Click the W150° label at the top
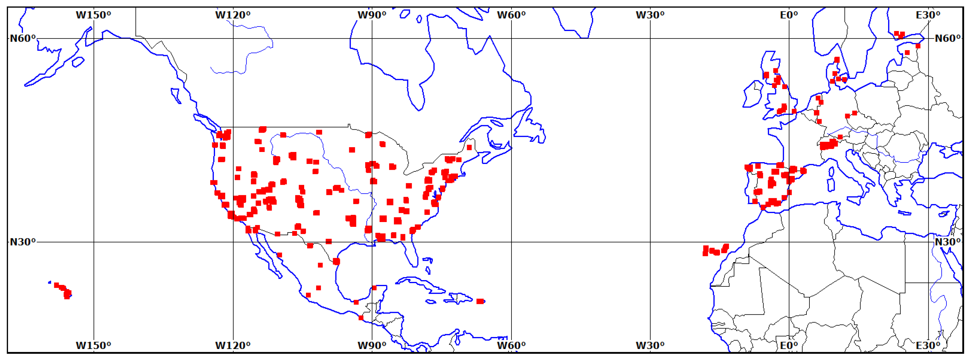(93, 15)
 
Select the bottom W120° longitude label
(233, 345)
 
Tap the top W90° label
(372, 15)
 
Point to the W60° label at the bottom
(511, 345)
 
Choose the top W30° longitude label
(650, 15)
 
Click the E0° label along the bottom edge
(789, 345)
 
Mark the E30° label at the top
(928, 15)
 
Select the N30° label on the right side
(947, 242)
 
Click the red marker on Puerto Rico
(480, 301)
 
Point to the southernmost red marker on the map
(361, 318)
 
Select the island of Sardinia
(831, 184)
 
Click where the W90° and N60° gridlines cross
(372, 38)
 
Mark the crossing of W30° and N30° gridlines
(650, 242)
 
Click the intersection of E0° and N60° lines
(789, 38)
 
